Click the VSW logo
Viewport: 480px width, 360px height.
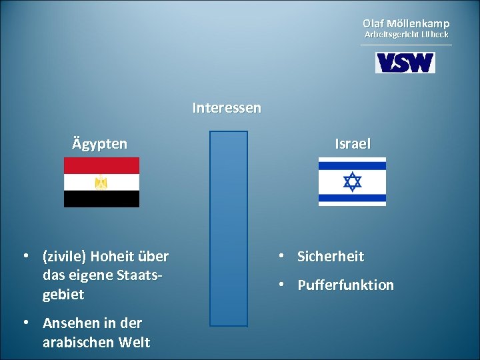point(405,63)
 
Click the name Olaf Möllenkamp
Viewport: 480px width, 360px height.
point(406,23)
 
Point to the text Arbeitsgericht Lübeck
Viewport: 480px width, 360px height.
point(406,34)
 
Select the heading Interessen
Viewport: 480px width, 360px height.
point(227,107)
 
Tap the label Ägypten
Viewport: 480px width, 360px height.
point(100,144)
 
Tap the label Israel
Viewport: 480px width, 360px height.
point(353,144)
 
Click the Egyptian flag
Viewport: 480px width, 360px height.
point(101,182)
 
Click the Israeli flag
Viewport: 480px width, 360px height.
point(352,181)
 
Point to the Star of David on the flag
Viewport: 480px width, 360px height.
point(352,181)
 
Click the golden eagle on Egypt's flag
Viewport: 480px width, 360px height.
point(101,182)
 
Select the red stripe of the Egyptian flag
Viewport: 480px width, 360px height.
point(101,165)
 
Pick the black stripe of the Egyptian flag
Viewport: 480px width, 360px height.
point(101,199)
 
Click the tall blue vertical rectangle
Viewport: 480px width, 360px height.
point(229,228)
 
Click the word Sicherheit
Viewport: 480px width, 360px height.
point(331,257)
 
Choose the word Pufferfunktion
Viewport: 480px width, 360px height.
point(345,285)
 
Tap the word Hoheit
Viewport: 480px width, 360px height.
point(114,257)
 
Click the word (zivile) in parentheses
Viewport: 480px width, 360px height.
point(64,257)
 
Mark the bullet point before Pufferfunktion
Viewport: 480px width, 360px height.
point(283,285)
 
